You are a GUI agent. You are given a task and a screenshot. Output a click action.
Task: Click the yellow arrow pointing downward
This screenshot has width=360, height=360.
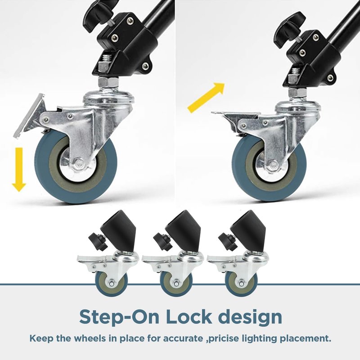[x=19, y=170]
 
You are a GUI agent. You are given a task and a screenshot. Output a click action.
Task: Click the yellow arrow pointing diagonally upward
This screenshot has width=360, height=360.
[x=206, y=98]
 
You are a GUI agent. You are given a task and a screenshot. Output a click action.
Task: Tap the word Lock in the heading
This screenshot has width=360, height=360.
[x=189, y=317]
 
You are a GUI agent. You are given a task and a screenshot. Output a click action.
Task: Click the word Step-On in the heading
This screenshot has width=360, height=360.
[x=119, y=318]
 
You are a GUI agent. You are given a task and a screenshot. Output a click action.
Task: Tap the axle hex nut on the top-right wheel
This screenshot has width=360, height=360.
[x=273, y=165]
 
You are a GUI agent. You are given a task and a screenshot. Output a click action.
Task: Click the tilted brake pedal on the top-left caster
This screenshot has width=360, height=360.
[x=29, y=116]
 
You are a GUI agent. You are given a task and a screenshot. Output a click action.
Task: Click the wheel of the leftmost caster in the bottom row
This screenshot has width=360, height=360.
[x=111, y=283]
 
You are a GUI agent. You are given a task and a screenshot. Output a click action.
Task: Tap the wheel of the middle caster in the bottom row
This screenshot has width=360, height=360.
[x=176, y=283]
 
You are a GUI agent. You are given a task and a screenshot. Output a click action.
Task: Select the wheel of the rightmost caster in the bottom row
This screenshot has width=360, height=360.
[x=241, y=283]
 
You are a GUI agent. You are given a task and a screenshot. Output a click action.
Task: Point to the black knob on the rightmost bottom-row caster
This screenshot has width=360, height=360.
[x=227, y=242]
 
